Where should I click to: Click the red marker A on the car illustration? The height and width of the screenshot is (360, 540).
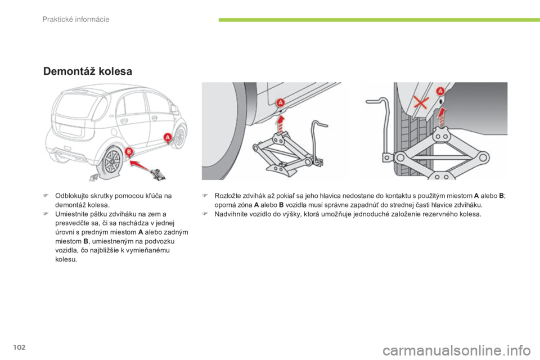[166, 137]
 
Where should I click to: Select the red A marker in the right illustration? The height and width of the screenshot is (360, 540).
[440, 91]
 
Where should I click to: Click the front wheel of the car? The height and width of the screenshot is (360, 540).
[180, 136]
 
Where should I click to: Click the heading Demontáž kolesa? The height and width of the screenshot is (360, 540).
[87, 71]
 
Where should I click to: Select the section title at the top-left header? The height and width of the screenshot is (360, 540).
[75, 20]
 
